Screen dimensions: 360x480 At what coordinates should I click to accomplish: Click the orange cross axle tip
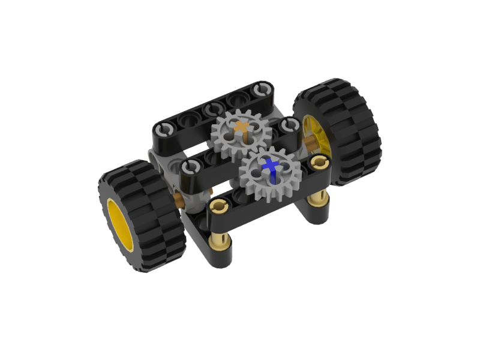pos(242,127)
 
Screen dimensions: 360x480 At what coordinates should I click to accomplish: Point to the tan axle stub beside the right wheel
pos(308,142)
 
